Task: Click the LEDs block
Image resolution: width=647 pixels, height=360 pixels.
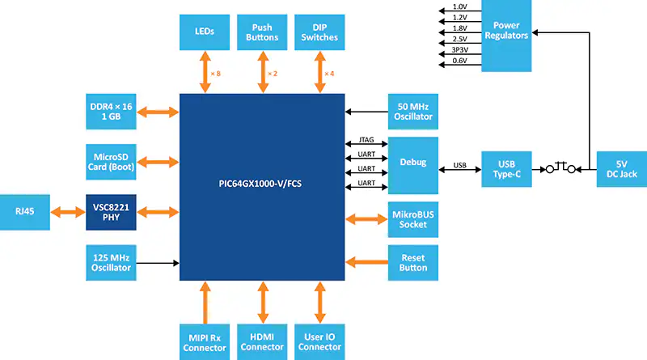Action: pyautogui.click(x=205, y=32)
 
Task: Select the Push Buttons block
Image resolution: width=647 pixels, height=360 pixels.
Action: pyautogui.click(x=262, y=32)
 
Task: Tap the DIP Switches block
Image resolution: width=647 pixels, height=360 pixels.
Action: pyautogui.click(x=319, y=32)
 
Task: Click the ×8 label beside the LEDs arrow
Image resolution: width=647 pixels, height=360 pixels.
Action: pyautogui.click(x=216, y=74)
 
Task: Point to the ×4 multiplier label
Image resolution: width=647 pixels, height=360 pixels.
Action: pyautogui.click(x=329, y=74)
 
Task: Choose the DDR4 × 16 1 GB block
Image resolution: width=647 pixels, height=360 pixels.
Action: pyautogui.click(x=111, y=112)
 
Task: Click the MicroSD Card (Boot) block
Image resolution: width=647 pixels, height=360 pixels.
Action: pyautogui.click(x=111, y=162)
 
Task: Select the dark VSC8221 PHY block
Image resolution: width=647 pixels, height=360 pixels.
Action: pyautogui.click(x=111, y=212)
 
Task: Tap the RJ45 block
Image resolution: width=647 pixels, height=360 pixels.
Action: pyautogui.click(x=25, y=212)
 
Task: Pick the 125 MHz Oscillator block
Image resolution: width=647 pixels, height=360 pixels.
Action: pyautogui.click(x=111, y=263)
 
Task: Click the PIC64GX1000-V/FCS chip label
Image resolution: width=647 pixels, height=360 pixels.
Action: pyautogui.click(x=260, y=184)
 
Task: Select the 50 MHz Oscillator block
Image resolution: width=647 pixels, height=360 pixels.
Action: pyautogui.click(x=413, y=112)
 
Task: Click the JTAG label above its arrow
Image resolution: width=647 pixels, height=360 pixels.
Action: pyautogui.click(x=366, y=139)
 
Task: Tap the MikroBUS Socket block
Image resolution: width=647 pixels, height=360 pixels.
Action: pyautogui.click(x=413, y=219)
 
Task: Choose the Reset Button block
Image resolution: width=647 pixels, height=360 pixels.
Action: pyautogui.click(x=413, y=263)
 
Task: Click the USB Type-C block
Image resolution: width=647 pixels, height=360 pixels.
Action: pyautogui.click(x=506, y=169)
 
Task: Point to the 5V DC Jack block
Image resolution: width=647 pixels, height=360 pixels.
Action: pyautogui.click(x=621, y=169)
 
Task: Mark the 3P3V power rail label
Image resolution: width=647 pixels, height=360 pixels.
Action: pyautogui.click(x=459, y=49)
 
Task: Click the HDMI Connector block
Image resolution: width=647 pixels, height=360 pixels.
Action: pyautogui.click(x=262, y=342)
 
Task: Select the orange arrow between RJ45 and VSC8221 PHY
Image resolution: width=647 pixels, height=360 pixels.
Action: pyautogui.click(x=68, y=212)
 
